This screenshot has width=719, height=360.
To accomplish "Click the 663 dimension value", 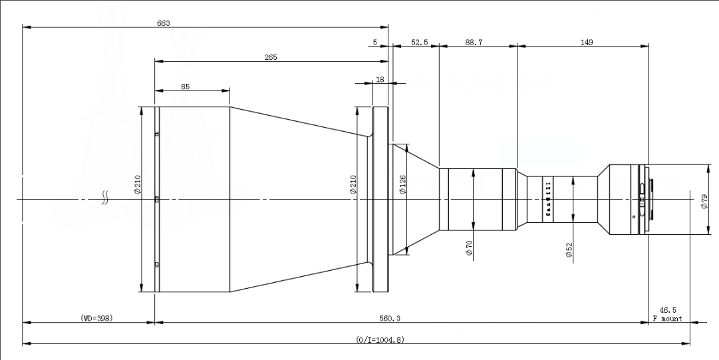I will point(164,23).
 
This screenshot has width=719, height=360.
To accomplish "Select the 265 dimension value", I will point(271,57).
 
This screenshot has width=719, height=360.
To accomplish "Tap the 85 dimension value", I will point(184,86).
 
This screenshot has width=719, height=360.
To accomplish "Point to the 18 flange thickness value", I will point(380,79).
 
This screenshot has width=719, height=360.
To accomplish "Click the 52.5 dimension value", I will point(419,42).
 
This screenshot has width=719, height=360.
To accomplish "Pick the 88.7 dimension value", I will point(474,42).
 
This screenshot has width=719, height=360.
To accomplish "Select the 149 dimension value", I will point(586,42).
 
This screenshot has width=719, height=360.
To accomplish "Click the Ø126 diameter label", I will point(402,184).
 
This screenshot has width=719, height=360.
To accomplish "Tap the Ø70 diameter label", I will point(468,248).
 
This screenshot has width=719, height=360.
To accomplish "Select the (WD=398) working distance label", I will point(92,318).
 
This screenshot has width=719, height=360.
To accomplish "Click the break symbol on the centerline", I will point(104,198).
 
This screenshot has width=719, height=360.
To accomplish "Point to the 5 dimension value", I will point(375,42).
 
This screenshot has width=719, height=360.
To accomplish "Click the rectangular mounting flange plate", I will point(380,198).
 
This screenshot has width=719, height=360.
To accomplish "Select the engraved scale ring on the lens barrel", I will point(549,198).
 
